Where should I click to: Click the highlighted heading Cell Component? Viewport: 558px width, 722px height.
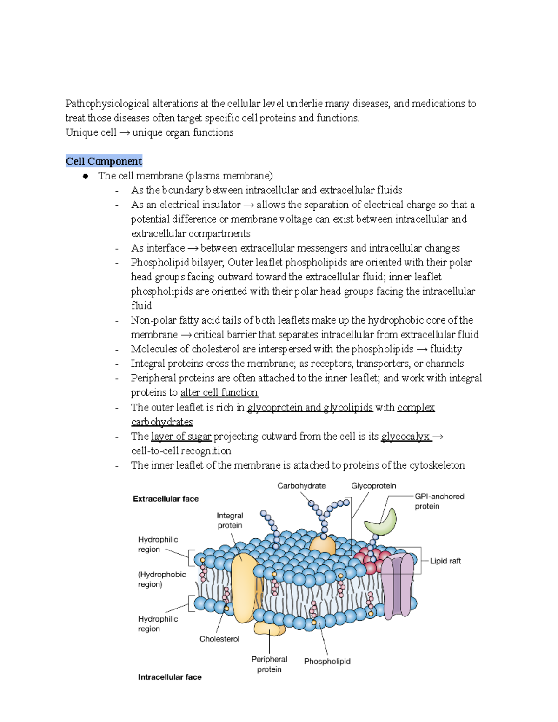[x=104, y=161]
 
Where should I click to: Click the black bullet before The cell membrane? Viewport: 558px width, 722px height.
[x=86, y=176]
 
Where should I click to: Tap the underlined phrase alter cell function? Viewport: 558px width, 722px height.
[x=219, y=392]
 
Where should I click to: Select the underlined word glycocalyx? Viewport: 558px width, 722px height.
[x=405, y=436]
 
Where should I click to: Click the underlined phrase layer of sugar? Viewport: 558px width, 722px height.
[x=181, y=436]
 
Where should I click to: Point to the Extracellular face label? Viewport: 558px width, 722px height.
[x=166, y=499]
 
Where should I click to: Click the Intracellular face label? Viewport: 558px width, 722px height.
[x=170, y=677]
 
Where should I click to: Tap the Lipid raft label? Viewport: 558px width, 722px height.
[x=445, y=561]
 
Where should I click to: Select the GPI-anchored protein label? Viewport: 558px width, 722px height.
[x=439, y=501]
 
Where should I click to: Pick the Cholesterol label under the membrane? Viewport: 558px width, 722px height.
[x=219, y=639]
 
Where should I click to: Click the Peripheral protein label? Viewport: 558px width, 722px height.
[x=269, y=664]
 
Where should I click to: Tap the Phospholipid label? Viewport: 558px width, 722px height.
[x=327, y=662]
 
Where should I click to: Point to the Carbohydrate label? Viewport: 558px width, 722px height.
[x=302, y=486]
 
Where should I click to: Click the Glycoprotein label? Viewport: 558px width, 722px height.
[x=373, y=486]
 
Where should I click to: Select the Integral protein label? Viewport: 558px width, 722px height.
[x=230, y=520]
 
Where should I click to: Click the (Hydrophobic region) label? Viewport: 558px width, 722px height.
[x=161, y=579]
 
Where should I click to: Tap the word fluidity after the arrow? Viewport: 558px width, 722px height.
[x=446, y=349]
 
